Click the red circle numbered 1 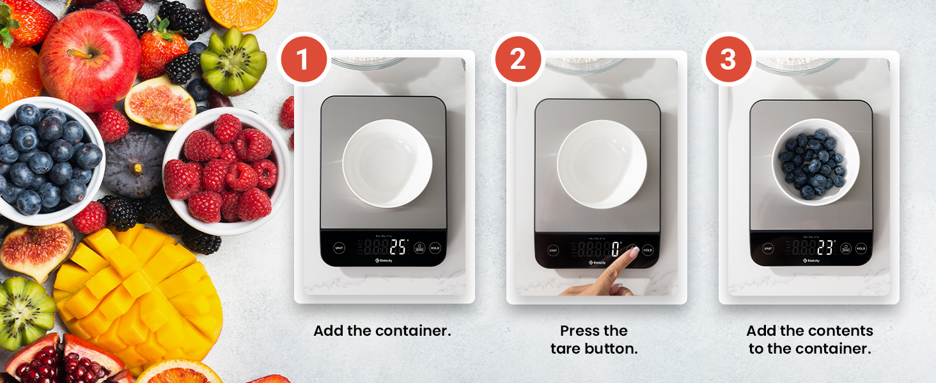click(303, 60)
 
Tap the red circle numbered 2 click(517, 60)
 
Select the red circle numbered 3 click(728, 60)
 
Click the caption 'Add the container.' click(382, 331)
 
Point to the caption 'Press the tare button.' click(594, 340)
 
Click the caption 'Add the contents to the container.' click(809, 340)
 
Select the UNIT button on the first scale click(339, 248)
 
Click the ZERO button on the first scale click(419, 248)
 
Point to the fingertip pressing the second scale click(633, 253)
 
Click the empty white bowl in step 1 click(387, 163)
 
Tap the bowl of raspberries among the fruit click(224, 169)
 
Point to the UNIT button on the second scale click(553, 250)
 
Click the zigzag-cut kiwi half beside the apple click(233, 61)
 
